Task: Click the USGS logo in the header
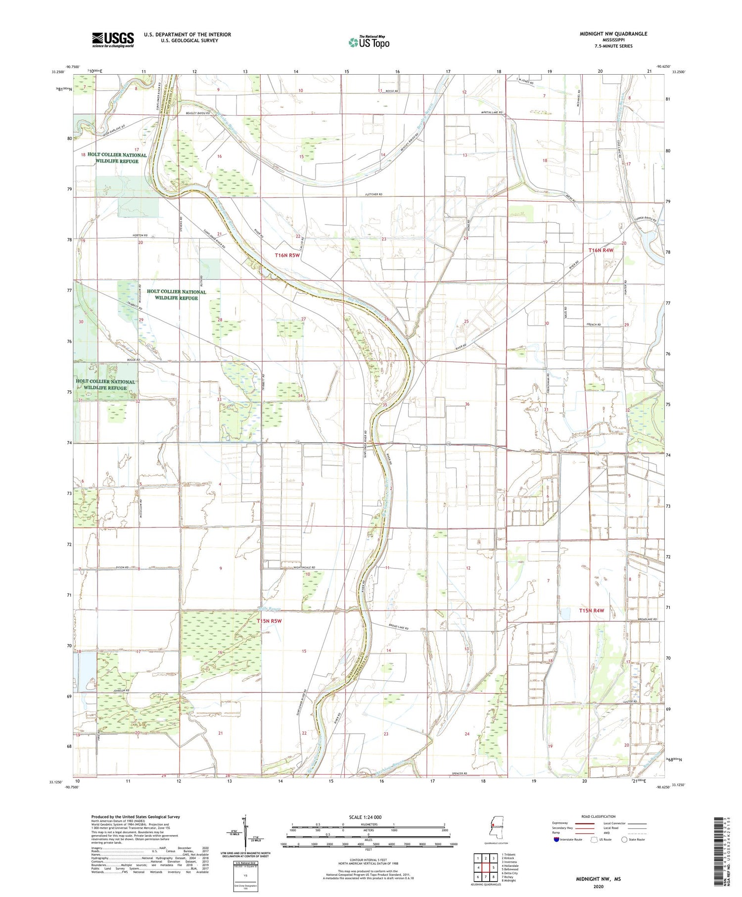click(113, 40)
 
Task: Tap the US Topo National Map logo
click(369, 42)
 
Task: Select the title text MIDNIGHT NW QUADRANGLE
click(613, 34)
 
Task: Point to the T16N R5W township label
click(287, 255)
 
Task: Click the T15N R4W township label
click(592, 611)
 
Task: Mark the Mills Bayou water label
click(270, 608)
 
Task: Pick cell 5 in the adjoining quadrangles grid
click(493, 867)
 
